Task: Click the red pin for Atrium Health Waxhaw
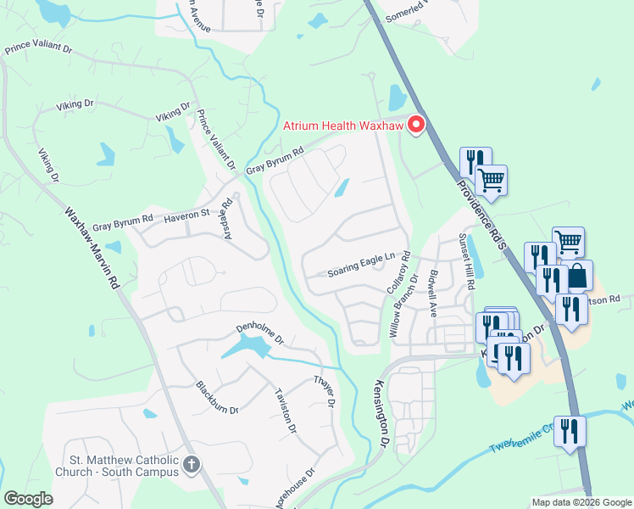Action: pos(416,126)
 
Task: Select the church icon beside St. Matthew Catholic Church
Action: pos(192,465)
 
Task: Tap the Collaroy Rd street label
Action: pos(398,271)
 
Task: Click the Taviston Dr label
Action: pos(286,411)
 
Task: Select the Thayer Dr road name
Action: pos(325,389)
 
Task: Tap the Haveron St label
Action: pos(186,215)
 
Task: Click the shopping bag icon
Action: pos(577,276)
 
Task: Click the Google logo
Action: pos(28,499)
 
